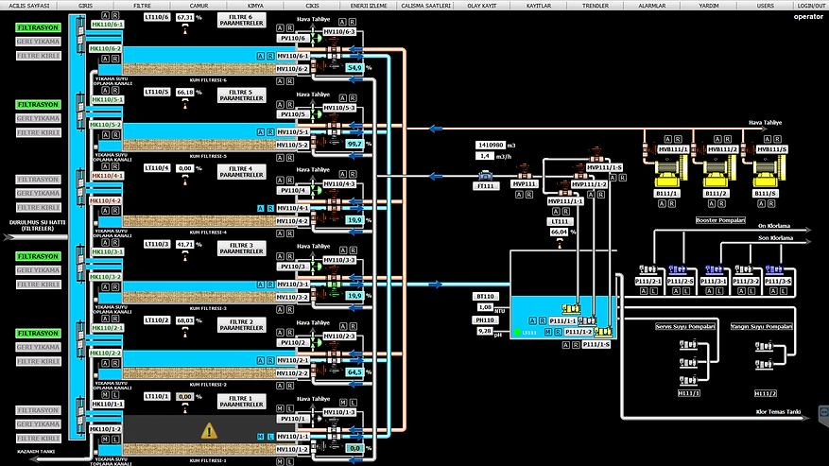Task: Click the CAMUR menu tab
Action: click(199, 6)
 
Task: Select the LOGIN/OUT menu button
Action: click(811, 6)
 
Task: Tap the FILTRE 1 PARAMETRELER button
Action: click(242, 399)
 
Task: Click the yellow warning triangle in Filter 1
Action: click(209, 430)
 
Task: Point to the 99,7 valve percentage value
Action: click(354, 144)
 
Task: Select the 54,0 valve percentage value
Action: click(354, 68)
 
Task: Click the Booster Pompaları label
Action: click(720, 218)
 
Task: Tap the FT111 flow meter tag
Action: click(484, 186)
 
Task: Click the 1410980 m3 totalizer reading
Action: click(493, 145)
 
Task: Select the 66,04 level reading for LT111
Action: click(560, 231)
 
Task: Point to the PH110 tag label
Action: click(485, 320)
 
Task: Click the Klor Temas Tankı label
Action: click(778, 412)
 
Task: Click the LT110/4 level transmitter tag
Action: click(158, 168)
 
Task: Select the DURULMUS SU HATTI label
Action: click(30, 223)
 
